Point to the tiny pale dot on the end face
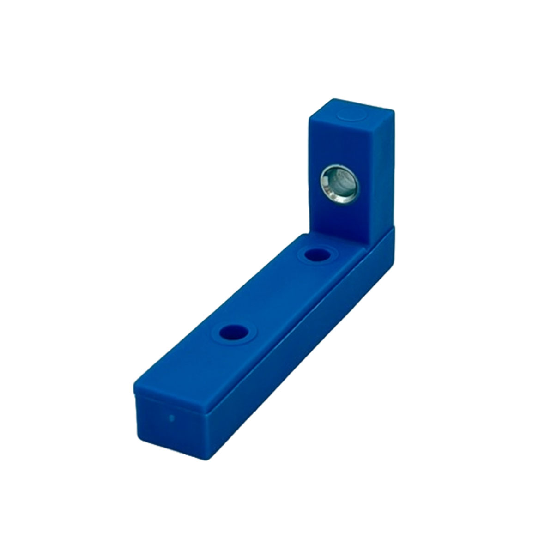(x=172, y=419)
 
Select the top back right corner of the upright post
(x=393, y=111)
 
